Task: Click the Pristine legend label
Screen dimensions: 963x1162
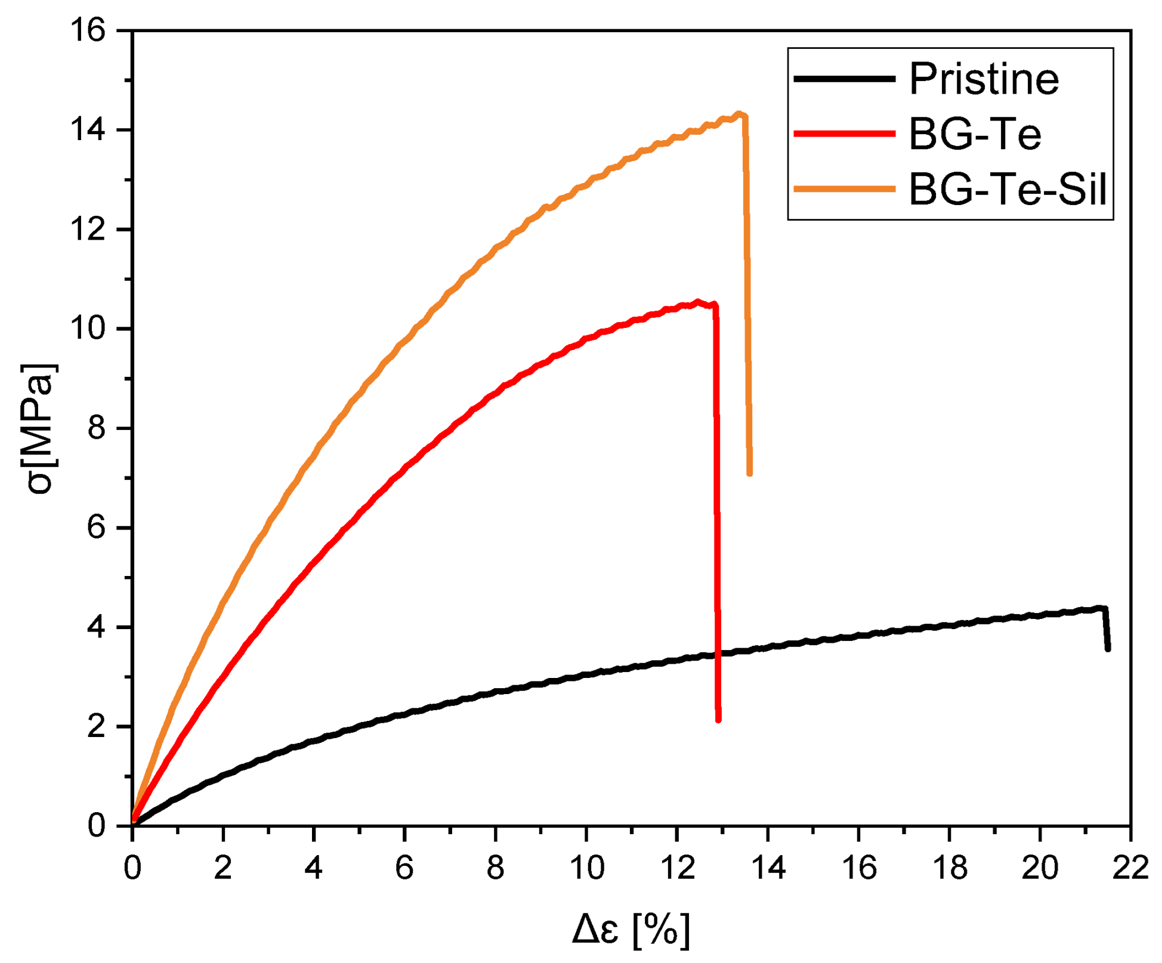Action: click(984, 79)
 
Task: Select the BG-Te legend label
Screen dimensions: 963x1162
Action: click(975, 134)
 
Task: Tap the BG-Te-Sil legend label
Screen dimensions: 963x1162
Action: click(1008, 189)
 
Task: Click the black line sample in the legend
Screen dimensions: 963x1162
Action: click(844, 79)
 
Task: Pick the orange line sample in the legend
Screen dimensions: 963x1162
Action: click(844, 189)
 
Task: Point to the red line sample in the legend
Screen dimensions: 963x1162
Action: click(844, 134)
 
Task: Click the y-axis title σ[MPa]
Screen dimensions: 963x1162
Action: click(39, 428)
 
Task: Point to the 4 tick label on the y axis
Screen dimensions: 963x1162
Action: click(97, 627)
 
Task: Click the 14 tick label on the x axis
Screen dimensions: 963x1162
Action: click(768, 868)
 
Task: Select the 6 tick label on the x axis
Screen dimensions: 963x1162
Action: click(404, 868)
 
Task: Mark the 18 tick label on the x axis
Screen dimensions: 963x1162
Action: click(949, 868)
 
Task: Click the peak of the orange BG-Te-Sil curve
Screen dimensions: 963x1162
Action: click(740, 114)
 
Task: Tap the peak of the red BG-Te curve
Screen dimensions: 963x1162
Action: click(697, 302)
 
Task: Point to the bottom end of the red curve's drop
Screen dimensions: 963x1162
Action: click(718, 720)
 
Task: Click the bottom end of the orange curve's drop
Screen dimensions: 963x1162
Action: click(750, 473)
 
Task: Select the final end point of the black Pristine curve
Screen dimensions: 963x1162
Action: click(1108, 649)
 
